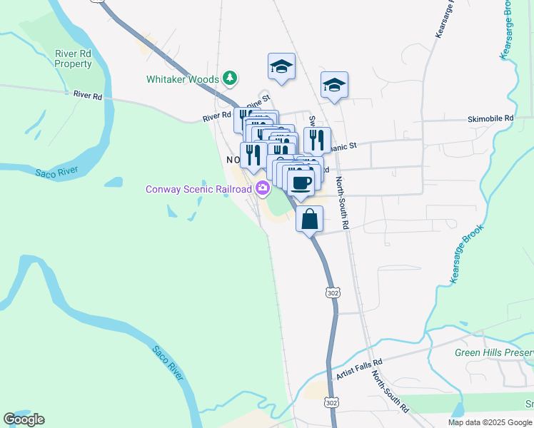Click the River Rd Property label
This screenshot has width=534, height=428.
74,58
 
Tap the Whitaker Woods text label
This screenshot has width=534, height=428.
183,78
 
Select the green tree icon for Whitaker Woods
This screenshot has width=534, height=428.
230,77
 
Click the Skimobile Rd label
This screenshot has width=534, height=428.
490,118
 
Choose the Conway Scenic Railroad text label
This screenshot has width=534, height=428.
198,189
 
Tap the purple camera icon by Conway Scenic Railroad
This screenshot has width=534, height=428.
263,189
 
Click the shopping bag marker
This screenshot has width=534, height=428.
310,219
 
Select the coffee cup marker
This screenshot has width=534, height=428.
301,180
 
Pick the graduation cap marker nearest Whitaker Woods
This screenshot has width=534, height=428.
281,68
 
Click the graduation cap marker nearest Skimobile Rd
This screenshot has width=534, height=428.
334,86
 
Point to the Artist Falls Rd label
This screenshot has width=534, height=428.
359,369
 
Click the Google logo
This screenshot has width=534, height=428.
24,419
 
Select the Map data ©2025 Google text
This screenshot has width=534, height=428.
490,422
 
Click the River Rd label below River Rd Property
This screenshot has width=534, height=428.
88,95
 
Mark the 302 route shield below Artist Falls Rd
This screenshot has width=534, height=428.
331,403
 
